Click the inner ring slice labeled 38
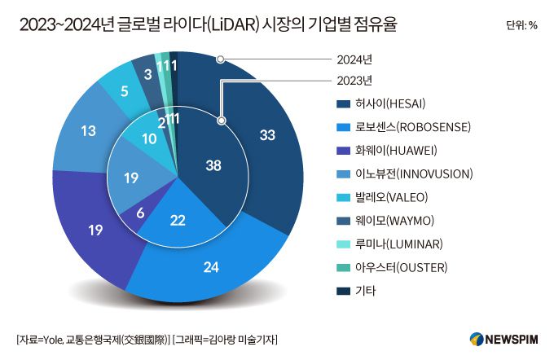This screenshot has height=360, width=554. pos(213,165)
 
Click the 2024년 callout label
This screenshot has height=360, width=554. pos(354,59)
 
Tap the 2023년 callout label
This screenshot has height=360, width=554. pos(354,80)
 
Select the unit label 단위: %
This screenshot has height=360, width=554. pos(521,25)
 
